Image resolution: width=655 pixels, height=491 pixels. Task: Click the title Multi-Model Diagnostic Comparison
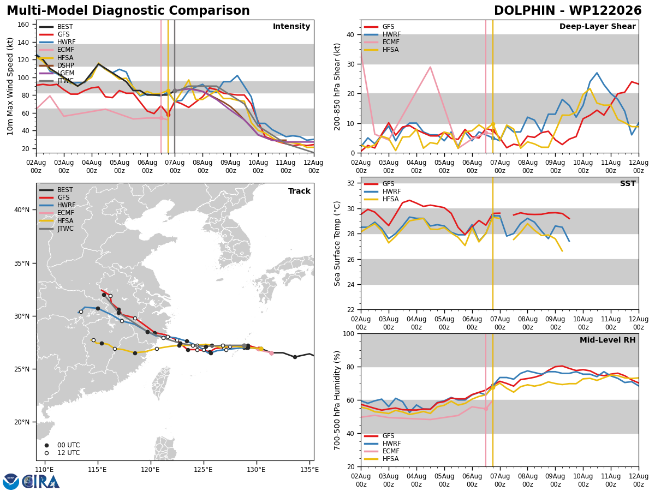click(x=128, y=11)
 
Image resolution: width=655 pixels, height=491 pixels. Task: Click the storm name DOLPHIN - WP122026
click(x=568, y=11)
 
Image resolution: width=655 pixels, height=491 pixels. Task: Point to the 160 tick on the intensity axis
click(x=23, y=25)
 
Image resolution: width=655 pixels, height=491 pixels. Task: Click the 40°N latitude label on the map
click(x=22, y=210)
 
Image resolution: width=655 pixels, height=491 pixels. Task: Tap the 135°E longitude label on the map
click(x=309, y=470)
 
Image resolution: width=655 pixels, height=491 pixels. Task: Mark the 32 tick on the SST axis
click(x=350, y=183)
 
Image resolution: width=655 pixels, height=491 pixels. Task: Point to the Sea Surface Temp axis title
click(x=337, y=244)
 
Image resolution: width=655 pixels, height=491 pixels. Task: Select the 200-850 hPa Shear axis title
click(x=337, y=87)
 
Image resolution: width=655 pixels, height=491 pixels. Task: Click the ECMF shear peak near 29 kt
click(x=430, y=67)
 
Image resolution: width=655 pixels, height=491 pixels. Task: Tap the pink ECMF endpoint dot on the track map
click(x=271, y=354)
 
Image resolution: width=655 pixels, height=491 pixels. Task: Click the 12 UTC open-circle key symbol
click(x=46, y=453)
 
